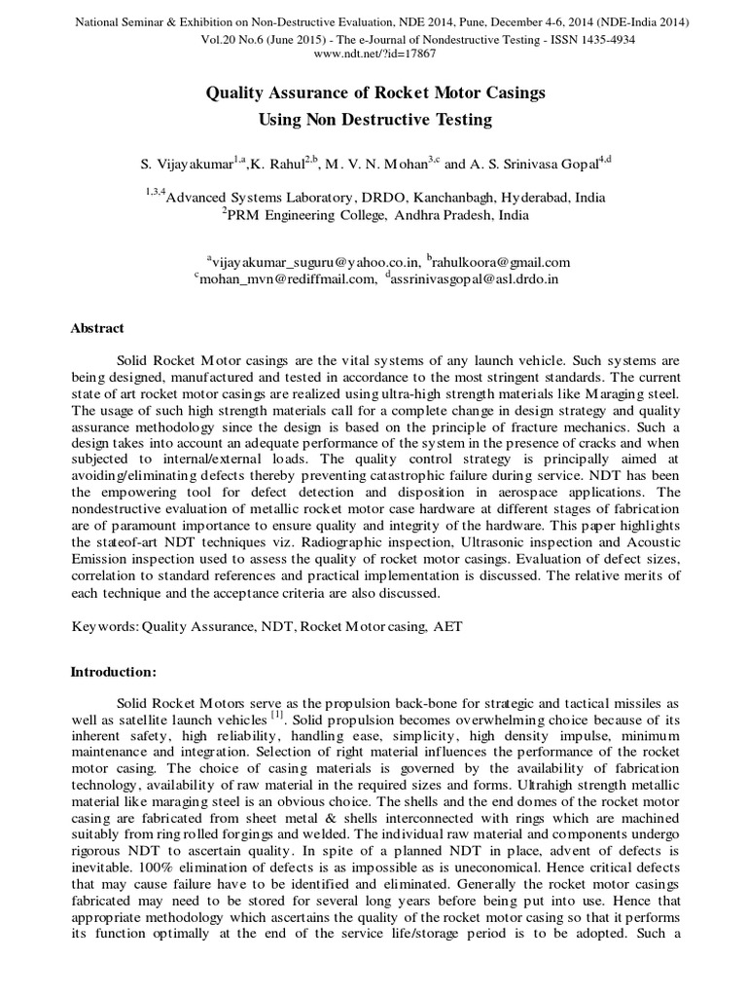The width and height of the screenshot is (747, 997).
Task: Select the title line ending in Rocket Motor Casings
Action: pos(375,93)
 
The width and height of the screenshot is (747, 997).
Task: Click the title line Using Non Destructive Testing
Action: pos(375,120)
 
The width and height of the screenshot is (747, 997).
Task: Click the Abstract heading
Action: pos(97,329)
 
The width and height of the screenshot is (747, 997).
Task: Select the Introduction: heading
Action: pos(115,672)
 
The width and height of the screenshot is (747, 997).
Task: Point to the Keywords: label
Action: pos(106,628)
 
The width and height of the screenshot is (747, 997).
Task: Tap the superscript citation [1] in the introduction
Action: pos(277,716)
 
